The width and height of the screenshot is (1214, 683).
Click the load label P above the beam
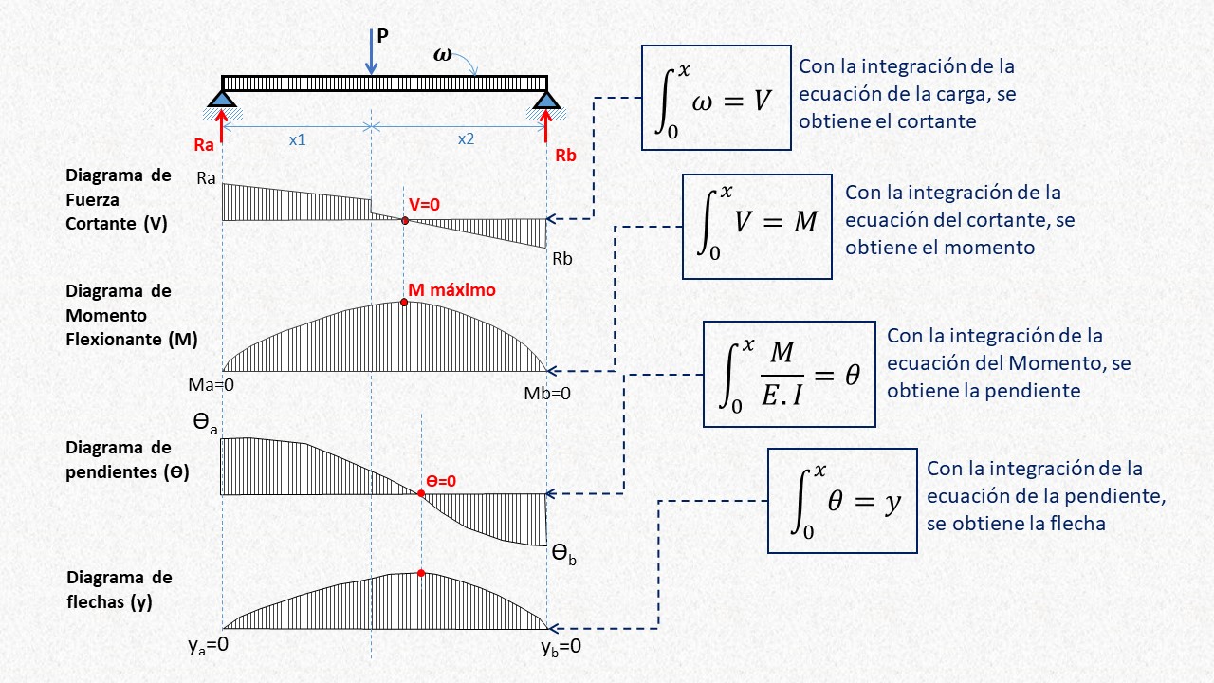click(x=382, y=36)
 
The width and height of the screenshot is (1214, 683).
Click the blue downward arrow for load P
click(x=371, y=51)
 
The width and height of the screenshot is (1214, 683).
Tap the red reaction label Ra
click(x=204, y=145)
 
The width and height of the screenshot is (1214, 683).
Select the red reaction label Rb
click(x=565, y=156)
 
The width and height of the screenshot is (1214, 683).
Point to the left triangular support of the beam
click(x=222, y=97)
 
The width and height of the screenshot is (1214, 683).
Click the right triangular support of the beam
click(x=546, y=97)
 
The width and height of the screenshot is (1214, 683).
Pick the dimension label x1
click(x=297, y=138)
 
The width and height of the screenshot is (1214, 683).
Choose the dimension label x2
click(x=466, y=138)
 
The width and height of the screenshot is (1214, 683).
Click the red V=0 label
click(x=426, y=204)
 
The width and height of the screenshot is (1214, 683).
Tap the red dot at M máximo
click(x=404, y=302)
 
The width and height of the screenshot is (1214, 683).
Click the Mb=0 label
click(x=547, y=393)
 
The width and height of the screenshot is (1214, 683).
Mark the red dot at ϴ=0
click(x=420, y=492)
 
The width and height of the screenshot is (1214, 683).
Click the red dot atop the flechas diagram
click(x=420, y=573)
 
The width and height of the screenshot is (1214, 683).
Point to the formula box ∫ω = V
click(x=716, y=98)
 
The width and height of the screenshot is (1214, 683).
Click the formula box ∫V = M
click(x=757, y=226)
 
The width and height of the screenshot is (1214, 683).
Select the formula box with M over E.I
click(x=788, y=374)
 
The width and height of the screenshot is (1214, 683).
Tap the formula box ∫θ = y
click(x=840, y=500)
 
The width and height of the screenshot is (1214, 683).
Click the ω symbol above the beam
click(x=443, y=54)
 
